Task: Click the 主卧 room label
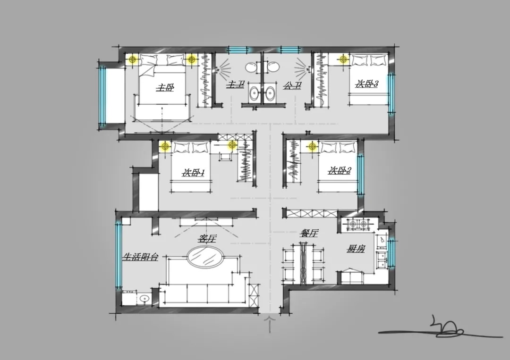[x=165, y=87]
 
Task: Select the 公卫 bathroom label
[x=292, y=86]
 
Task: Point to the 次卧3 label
[x=366, y=84]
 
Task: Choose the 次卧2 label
[x=339, y=170]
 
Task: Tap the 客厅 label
[x=207, y=239]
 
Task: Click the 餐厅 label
[x=309, y=233]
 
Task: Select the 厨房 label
[x=356, y=249]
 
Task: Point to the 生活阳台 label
[x=140, y=257]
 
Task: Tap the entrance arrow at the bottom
[x=270, y=324]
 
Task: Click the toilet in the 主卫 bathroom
[x=251, y=67]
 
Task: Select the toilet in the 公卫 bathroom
[x=272, y=67]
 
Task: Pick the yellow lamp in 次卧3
[x=343, y=59]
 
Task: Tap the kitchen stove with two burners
[x=357, y=224]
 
